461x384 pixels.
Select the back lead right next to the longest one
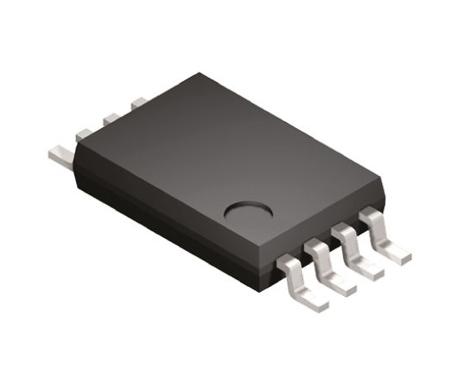tap(84, 132)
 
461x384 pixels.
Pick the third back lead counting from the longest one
tap(110, 117)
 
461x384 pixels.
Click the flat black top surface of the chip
tap(213, 145)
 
